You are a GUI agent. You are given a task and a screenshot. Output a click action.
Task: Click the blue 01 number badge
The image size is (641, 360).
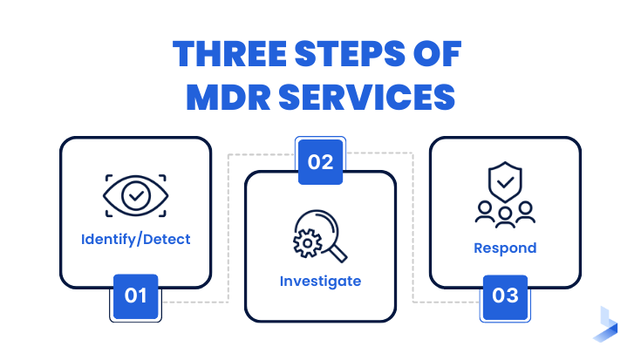tap(135, 295)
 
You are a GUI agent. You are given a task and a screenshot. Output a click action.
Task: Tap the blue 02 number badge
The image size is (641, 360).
tap(321, 161)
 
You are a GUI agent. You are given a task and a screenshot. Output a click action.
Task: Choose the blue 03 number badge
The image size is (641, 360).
tap(506, 295)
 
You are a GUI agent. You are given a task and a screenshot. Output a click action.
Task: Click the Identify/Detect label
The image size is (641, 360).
tap(135, 238)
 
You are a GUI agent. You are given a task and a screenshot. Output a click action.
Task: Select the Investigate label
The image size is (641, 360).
tap(320, 282)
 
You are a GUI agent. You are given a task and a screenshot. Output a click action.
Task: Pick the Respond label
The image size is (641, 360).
tap(505, 248)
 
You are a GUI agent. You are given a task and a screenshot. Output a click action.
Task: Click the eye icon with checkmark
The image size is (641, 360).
tap(135, 194)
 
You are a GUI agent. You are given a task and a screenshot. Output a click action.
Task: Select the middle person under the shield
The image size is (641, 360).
tap(506, 214)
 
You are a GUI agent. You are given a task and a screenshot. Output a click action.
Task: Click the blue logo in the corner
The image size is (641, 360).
tap(608, 323)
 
